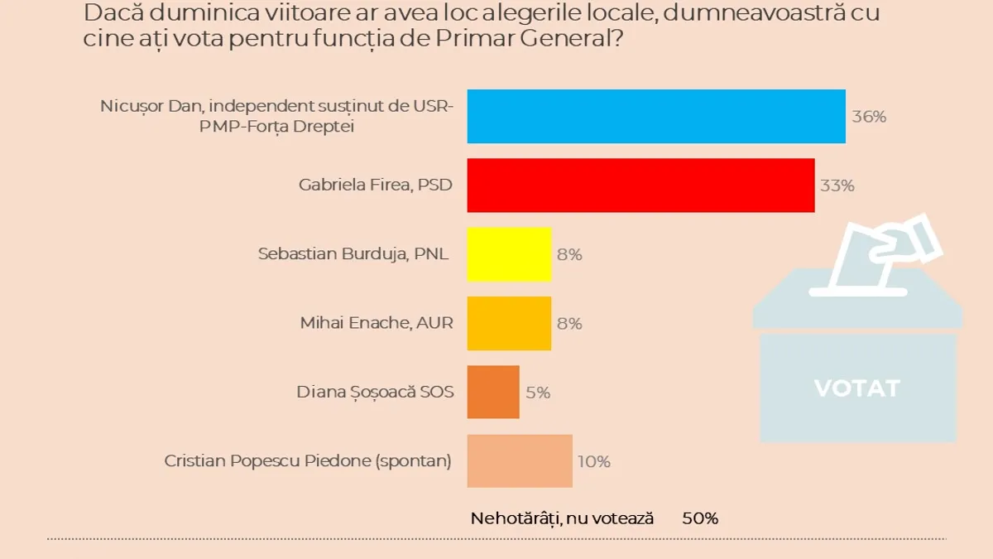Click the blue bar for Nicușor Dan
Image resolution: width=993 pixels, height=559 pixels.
pyautogui.click(x=656, y=117)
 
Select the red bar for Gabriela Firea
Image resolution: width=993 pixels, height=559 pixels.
pyautogui.click(x=640, y=186)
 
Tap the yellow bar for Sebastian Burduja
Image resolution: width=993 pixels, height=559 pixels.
pyautogui.click(x=509, y=254)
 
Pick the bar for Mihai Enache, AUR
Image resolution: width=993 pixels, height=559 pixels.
pyautogui.click(x=509, y=323)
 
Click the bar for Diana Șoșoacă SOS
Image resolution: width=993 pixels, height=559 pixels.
pyautogui.click(x=493, y=392)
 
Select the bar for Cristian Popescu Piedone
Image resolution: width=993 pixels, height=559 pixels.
pyautogui.click(x=520, y=460)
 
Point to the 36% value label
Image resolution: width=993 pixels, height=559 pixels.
pyautogui.click(x=869, y=117)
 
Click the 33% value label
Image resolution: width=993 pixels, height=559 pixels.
pyautogui.click(x=837, y=186)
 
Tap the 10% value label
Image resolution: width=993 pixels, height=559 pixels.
pyautogui.click(x=594, y=461)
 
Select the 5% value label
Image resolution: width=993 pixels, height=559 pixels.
pyautogui.click(x=538, y=393)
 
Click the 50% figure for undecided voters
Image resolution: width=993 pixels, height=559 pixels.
pyautogui.click(x=700, y=518)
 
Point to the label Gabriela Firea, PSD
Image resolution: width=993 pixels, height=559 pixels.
pyautogui.click(x=376, y=186)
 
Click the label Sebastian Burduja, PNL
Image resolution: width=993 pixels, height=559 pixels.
pyautogui.click(x=353, y=254)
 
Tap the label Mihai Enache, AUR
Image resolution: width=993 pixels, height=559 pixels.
pyautogui.click(x=377, y=323)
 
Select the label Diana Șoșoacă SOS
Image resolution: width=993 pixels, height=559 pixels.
pyautogui.click(x=375, y=392)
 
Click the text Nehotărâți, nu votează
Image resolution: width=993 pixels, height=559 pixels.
pyautogui.click(x=562, y=518)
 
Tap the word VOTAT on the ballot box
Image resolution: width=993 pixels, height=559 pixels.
pyautogui.click(x=856, y=388)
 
